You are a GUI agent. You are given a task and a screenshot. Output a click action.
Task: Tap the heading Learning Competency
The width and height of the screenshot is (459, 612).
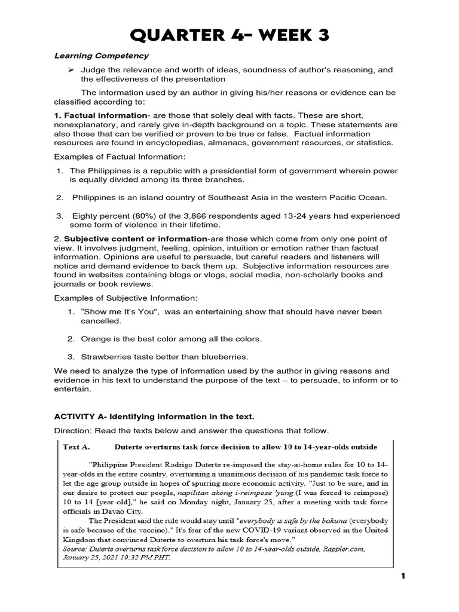pos(102,56)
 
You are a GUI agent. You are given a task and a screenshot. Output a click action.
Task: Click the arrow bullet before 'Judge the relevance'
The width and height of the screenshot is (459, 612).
pos(71,70)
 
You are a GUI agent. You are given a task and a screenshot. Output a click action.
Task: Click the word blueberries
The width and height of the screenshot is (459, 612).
pos(210,357)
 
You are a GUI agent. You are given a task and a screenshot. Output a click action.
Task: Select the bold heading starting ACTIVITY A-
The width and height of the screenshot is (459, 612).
pos(158,416)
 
